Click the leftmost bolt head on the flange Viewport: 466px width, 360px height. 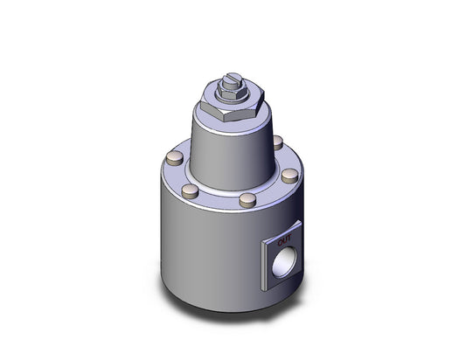(174, 158)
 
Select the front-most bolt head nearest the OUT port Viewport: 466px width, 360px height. (247, 200)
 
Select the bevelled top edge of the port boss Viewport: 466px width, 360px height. (280, 226)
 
